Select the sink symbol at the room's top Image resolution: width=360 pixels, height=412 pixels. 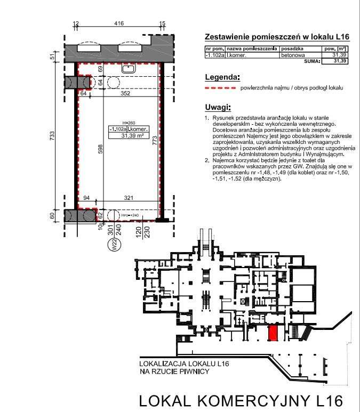pos(128,69)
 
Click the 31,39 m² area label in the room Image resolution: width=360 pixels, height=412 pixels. pos(128,135)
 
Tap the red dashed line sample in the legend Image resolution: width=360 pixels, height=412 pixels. pos(220,87)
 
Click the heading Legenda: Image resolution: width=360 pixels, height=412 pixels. pos(222,77)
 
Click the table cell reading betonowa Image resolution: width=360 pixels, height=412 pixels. pos(292,55)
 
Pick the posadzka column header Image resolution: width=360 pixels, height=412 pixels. pos(292,49)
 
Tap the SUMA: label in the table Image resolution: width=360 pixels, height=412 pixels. pos(311,61)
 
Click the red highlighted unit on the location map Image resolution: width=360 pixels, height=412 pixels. pos(272,333)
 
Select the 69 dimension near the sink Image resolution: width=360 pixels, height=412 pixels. pos(100,69)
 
